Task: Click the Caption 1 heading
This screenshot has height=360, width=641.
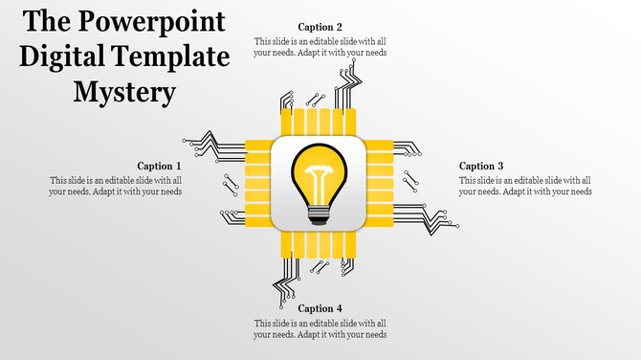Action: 159,166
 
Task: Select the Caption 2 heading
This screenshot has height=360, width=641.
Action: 320,27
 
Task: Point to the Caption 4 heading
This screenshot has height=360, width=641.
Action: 320,308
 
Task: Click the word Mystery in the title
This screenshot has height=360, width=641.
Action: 124,93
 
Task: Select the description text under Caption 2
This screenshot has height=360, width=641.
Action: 320,47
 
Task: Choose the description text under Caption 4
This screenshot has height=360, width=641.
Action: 320,328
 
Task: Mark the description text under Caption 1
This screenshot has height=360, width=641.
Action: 115,186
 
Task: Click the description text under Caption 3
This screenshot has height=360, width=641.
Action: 525,186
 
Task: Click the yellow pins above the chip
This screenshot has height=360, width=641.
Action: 318,123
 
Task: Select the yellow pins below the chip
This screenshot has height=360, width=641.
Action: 318,245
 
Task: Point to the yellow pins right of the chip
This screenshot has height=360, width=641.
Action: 380,184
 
